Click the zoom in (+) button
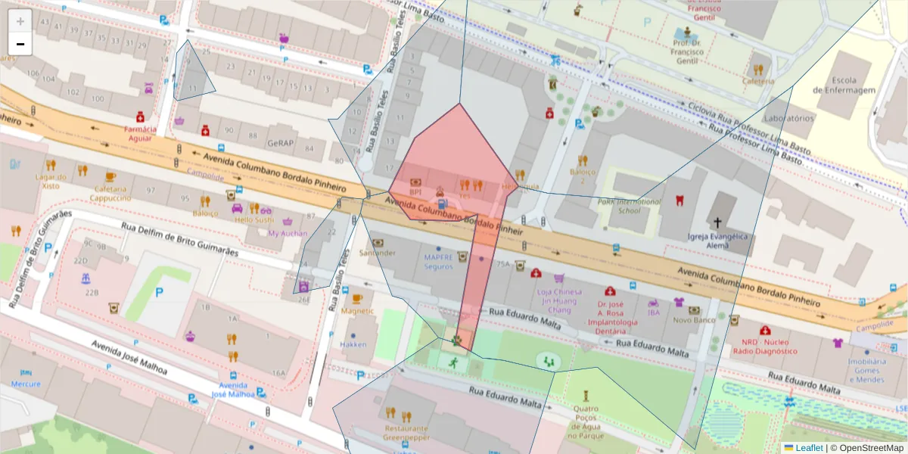coord(20,21)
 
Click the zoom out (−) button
coord(20,44)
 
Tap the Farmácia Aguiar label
coord(140,133)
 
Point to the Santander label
coord(377,253)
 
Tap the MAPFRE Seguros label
coord(438,262)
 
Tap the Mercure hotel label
coord(26,384)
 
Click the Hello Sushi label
coord(253,219)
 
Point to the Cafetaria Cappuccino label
coord(111,193)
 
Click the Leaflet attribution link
coord(803,448)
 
